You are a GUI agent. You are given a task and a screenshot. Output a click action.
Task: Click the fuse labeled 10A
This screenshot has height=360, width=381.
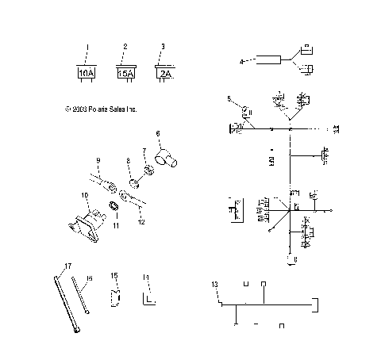pos(87,73)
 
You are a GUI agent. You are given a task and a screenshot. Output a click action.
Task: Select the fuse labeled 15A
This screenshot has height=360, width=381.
pos(125,73)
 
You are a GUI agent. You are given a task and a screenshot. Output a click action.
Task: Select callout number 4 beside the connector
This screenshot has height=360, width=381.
pos(241,60)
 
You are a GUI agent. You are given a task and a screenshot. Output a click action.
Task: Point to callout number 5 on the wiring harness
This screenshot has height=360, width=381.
pos(229,99)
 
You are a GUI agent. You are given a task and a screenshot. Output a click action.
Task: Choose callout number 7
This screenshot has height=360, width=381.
pos(144,150)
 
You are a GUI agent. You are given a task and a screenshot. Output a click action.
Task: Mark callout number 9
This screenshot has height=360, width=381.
pos(98,161)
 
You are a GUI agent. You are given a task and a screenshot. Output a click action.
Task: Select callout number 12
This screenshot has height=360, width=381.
pos(142,223)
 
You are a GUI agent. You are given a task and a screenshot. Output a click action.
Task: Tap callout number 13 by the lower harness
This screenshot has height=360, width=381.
pos(214,283)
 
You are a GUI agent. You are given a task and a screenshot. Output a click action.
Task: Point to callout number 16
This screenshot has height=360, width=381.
pos(90,278)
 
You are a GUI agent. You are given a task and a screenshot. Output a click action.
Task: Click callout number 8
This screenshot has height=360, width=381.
pos(129,162)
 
